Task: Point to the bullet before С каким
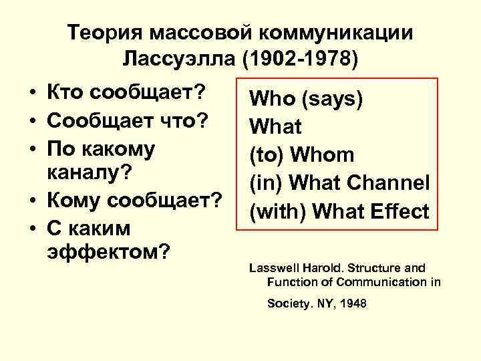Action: click(32, 229)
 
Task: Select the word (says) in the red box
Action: click(332, 99)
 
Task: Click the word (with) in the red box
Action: click(278, 211)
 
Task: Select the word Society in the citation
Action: click(288, 304)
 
